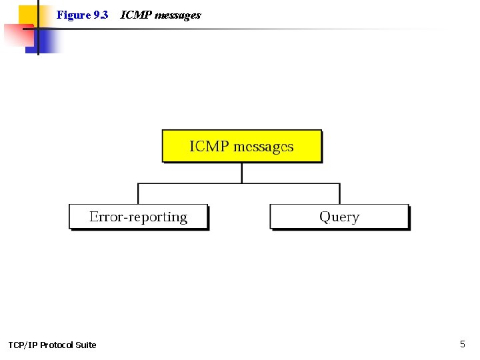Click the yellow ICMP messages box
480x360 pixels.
pos(242,146)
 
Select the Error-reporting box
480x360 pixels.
pos(139,217)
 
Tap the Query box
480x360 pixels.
pos(339,217)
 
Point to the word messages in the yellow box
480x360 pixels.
pos(264,147)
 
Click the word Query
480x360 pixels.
pos(339,217)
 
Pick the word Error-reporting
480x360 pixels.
pos(139,217)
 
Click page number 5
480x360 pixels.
pos(463,344)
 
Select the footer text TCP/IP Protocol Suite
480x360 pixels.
pos(52,345)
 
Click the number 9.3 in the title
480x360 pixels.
pos(101,15)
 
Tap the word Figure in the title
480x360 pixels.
pos(73,15)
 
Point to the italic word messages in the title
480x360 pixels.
pos(177,15)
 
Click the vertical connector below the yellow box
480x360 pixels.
pos(242,173)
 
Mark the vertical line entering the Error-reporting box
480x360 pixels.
pos(138,194)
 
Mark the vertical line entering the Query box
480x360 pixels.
pos(339,194)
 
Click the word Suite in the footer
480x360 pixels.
pos(85,345)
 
